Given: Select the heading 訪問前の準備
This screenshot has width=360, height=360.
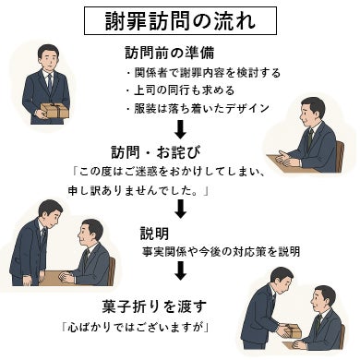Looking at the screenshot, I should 170,52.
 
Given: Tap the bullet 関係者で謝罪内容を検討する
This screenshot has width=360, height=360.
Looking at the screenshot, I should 202,72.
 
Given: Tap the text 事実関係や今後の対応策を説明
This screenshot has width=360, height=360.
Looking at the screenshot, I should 221,250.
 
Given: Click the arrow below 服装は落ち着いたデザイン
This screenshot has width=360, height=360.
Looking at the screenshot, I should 181,130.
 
